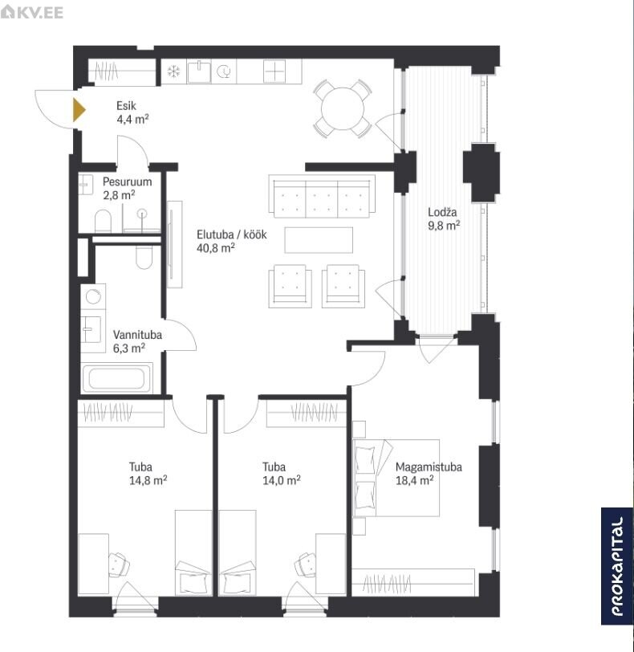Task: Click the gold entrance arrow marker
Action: [79, 110]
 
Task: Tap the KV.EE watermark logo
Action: [32, 12]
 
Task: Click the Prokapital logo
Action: [617, 566]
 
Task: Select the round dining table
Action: [343, 109]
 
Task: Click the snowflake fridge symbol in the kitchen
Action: [173, 72]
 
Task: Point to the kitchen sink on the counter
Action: [199, 71]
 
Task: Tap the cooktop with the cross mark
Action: [274, 71]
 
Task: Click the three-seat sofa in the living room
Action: [322, 196]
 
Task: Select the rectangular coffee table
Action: [319, 240]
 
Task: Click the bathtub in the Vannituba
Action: [116, 378]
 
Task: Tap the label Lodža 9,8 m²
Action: [444, 218]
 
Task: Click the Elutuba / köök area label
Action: [231, 241]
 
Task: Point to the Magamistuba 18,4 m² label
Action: [429, 474]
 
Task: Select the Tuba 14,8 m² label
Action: [148, 474]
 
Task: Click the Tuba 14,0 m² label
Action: [281, 474]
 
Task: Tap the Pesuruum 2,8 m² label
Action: [127, 188]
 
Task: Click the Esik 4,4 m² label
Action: [132, 112]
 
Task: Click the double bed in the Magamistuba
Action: [396, 479]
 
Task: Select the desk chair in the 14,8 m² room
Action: [119, 564]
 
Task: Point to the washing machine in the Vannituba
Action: [93, 296]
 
